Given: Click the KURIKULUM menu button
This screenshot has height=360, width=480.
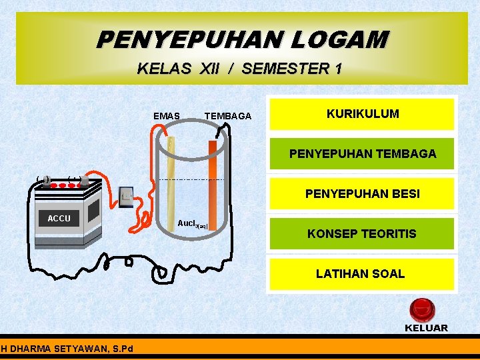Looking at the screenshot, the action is click(362, 114).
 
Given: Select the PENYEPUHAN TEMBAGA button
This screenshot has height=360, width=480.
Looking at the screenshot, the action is click(362, 154).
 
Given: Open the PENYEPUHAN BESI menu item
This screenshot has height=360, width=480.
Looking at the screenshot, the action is click(362, 194).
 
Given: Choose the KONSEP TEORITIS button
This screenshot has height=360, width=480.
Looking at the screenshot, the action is click(362, 234).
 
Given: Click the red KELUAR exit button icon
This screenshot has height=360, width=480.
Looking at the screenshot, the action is click(421, 310).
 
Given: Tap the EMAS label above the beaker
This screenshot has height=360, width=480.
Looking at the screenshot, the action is click(166, 116).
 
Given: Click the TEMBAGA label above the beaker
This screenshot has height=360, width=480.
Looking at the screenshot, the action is click(227, 116).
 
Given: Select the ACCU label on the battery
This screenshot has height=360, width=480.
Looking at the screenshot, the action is click(59, 218).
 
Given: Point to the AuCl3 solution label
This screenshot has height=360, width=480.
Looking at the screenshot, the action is click(192, 223).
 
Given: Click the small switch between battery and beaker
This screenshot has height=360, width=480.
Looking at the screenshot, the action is click(127, 195).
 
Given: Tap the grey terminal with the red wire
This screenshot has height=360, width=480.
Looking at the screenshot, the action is click(84, 180).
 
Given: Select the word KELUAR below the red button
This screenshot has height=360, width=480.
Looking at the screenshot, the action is click(426, 328).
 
